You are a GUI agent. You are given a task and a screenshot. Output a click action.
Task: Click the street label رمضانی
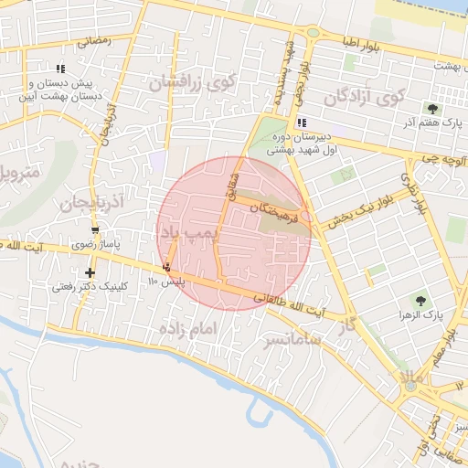(94, 40)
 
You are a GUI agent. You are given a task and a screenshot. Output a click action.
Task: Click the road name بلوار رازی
(414, 192)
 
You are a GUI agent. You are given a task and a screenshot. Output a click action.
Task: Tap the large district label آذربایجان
(90, 200)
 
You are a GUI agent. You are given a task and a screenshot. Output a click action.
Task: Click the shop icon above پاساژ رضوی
(95, 229)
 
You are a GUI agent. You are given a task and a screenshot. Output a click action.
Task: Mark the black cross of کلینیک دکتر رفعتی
(90, 272)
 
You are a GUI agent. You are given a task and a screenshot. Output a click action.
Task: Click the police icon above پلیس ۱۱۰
(166, 268)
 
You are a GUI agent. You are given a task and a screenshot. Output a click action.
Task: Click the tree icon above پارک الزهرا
(420, 300)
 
